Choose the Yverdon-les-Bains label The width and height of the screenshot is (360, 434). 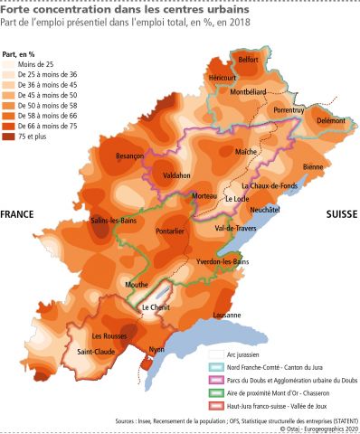[223, 261]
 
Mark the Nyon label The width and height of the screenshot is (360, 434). [156, 349]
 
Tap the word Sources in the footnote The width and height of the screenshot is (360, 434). [129, 420]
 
